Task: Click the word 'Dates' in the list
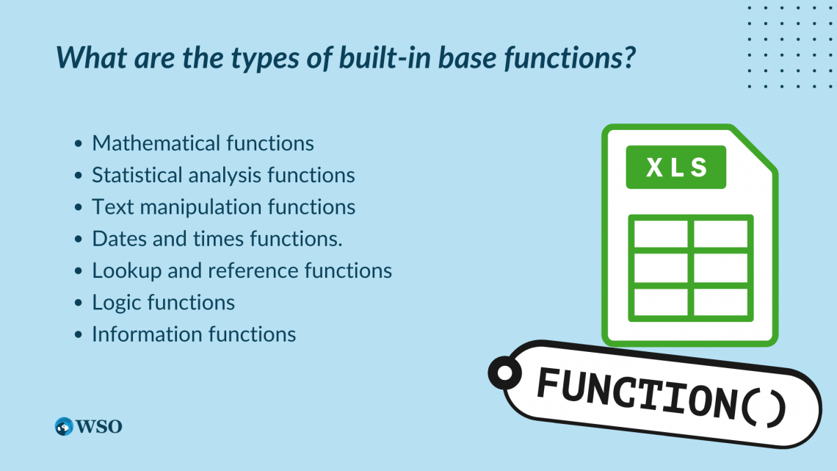115,239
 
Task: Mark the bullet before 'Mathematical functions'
79,144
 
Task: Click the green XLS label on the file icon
675,167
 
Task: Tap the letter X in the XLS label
652,167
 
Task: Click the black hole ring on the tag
505,374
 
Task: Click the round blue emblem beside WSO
65,426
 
